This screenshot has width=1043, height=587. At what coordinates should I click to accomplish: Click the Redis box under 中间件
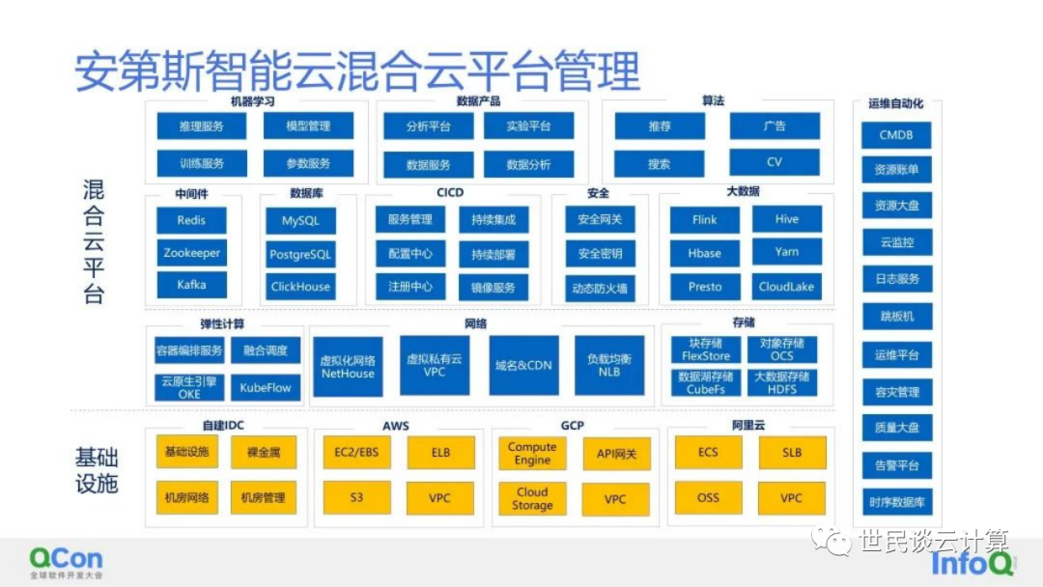tap(191, 220)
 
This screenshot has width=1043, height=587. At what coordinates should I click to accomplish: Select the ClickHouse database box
tap(300, 286)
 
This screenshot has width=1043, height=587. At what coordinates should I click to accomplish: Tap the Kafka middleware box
tap(191, 285)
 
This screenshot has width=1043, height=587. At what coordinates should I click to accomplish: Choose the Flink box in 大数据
tap(705, 220)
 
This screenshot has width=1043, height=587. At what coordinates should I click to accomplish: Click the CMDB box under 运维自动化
tap(896, 135)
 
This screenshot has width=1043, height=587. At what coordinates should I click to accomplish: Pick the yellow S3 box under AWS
tap(356, 498)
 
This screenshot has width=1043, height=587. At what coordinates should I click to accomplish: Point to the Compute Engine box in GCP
tap(532, 454)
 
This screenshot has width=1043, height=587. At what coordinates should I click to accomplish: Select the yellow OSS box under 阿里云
tap(708, 498)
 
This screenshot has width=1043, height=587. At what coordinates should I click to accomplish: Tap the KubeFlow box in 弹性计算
tap(266, 387)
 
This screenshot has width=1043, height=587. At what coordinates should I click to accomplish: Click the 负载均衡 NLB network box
tap(609, 365)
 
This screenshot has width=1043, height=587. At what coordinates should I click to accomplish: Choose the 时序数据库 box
tap(896, 502)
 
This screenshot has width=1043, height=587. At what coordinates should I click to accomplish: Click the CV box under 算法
tap(775, 163)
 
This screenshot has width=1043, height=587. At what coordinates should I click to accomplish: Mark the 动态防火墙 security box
tap(601, 287)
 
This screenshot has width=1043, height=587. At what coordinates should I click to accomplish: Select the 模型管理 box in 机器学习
tap(309, 126)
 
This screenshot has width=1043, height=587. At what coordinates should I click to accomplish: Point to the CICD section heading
tap(450, 193)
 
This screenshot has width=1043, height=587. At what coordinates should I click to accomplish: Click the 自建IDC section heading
tap(225, 426)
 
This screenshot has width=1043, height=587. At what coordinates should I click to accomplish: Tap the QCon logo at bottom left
tap(65, 560)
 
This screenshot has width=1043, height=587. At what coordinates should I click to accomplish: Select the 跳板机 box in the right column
tap(896, 317)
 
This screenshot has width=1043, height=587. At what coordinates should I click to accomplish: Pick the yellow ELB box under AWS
tap(440, 453)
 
